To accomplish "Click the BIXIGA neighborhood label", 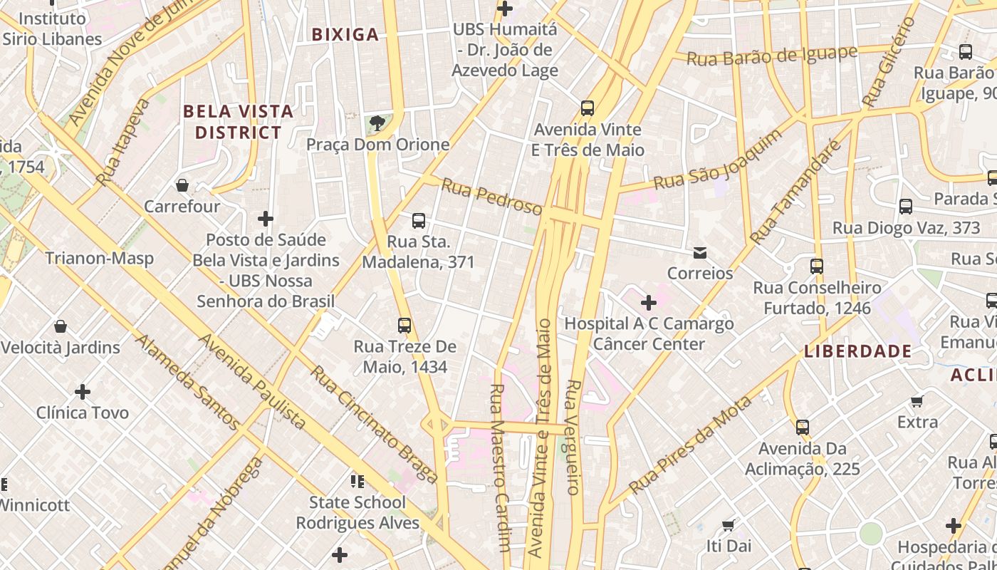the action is [345, 34].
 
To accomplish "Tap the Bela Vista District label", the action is [238, 122].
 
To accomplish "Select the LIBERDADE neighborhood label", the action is [857, 351].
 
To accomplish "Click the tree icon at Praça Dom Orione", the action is [377, 124].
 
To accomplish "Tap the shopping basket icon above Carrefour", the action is [182, 185].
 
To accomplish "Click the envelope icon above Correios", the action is [700, 252].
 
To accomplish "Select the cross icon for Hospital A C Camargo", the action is [648, 303].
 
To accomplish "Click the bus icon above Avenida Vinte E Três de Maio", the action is [588, 108].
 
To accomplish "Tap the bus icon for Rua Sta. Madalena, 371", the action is [419, 221].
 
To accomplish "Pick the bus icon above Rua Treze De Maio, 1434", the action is [404, 326].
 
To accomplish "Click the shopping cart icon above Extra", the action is [917, 401].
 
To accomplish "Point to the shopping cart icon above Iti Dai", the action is [728, 525].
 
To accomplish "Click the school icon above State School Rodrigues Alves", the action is [357, 481].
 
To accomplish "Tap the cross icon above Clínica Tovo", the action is [83, 391].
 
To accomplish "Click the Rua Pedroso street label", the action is [491, 197].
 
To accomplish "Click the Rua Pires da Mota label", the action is [691, 445].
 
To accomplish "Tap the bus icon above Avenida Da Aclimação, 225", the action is [803, 427].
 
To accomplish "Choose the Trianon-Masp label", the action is [100, 257].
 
